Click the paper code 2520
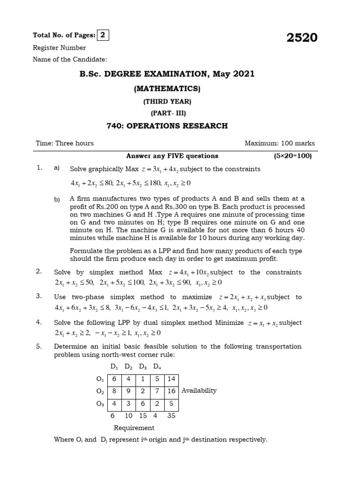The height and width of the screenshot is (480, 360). coord(302,38)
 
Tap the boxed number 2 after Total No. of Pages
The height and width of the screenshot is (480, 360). coord(102,35)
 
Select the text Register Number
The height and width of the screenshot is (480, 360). coord(59,47)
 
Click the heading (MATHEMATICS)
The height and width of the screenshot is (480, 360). coord(167,88)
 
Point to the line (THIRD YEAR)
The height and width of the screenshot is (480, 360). coord(167,101)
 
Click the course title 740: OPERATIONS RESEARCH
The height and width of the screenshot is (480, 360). coord(167,126)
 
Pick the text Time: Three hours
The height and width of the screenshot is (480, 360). coord(65,143)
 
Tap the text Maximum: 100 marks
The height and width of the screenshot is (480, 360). coord(280,143)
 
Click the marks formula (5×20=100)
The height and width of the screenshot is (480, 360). coord(293,156)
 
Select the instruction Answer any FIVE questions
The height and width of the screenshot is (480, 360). coord(172,156)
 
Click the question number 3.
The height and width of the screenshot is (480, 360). coord(39,296)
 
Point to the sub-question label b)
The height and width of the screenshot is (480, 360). coord(57,200)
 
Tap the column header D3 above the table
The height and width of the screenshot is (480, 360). coord(142,366)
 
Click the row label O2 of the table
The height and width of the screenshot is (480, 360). coord(99,390)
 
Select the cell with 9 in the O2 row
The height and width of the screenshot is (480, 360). coord(128,390)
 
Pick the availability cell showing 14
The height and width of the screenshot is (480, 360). coord(171,379)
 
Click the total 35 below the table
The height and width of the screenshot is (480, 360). coord(171,415)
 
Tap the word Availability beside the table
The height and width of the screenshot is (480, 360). coord(199,390)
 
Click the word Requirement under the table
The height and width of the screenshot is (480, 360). coord(134,427)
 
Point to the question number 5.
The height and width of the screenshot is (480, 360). coord(39,346)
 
